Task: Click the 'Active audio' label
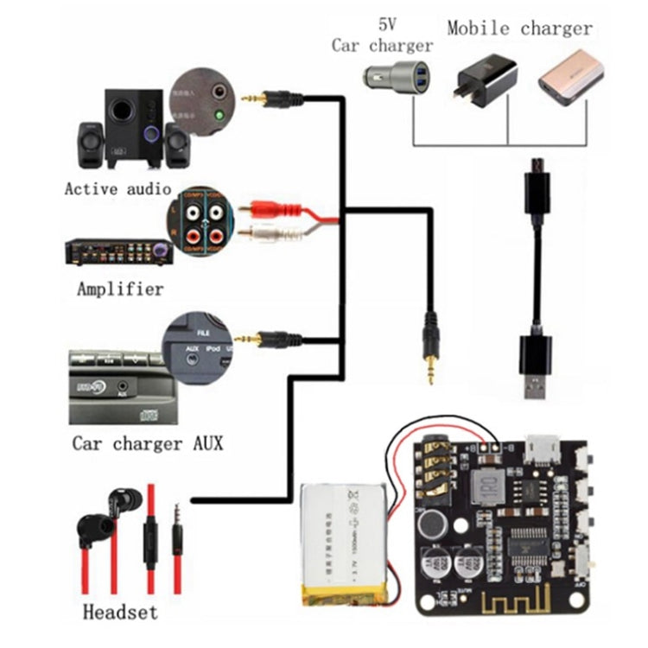point(117,188)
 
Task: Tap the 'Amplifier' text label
point(120,289)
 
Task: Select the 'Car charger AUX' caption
point(147,444)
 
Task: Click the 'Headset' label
point(120,613)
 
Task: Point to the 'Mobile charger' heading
point(520,28)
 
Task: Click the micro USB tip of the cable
point(536,166)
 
